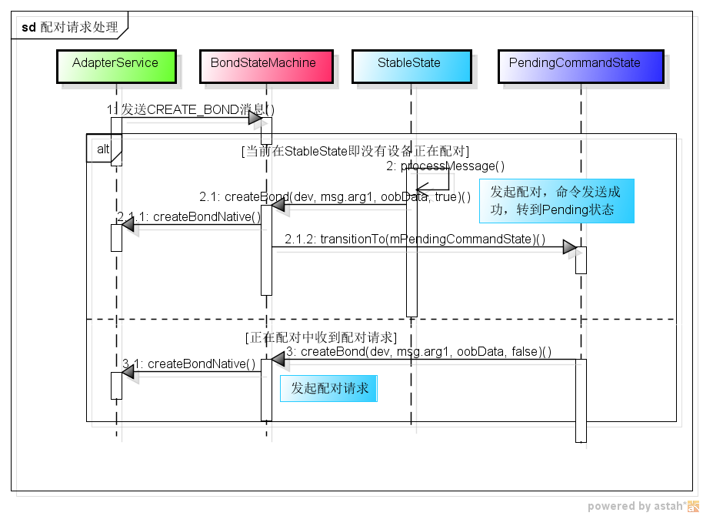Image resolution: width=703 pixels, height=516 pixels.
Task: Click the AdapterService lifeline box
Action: click(115, 64)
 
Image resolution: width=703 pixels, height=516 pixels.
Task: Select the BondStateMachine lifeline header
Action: click(263, 64)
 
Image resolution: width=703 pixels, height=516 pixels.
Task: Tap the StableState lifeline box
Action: click(409, 64)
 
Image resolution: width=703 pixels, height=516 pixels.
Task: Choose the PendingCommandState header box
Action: click(579, 64)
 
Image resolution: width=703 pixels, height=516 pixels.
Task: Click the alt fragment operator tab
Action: click(103, 148)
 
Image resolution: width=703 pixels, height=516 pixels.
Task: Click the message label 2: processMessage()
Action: click(445, 166)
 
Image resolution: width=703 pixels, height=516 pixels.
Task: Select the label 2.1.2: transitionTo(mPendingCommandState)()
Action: click(415, 239)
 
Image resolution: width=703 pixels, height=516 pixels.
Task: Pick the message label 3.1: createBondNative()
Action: click(189, 364)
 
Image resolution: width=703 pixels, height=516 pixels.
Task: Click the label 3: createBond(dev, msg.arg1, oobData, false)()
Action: click(418, 352)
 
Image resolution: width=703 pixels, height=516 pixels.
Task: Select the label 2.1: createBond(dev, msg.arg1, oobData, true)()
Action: click(335, 196)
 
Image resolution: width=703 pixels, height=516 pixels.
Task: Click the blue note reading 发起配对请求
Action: click(329, 389)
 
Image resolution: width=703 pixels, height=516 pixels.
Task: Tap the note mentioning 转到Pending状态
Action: click(556, 201)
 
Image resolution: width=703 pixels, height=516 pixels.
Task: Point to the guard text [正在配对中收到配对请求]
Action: click(321, 337)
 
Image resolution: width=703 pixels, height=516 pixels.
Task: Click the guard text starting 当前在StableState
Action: click(355, 151)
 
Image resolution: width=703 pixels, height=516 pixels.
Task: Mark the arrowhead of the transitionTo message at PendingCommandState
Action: click(570, 247)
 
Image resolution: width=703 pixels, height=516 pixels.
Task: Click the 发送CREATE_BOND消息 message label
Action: click(192, 110)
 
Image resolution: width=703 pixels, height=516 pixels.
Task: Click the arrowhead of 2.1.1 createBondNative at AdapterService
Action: click(128, 224)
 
